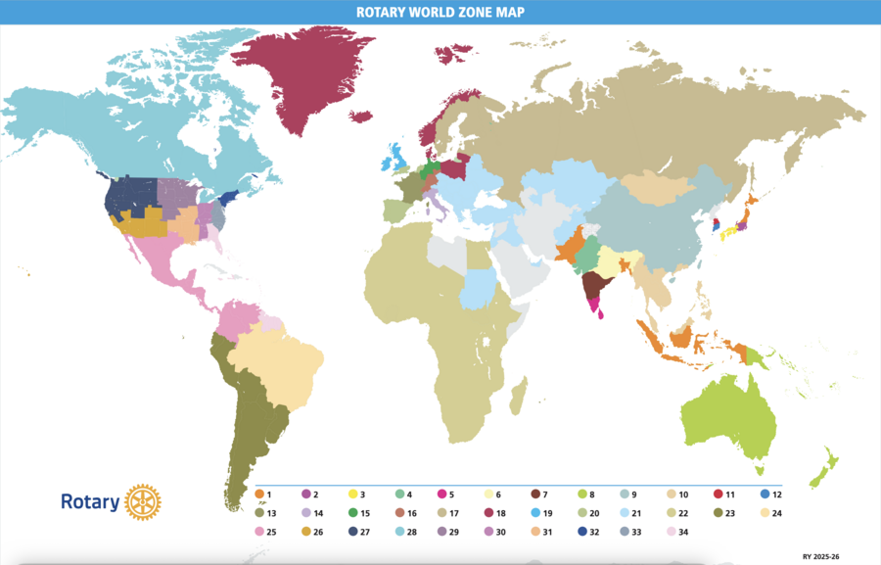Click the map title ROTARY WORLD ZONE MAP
pos(440,12)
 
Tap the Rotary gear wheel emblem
pos(143,501)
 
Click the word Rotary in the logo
pos(90,502)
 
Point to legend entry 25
pos(265,532)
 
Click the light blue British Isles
pos(395,157)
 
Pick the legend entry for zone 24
pos(771,512)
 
